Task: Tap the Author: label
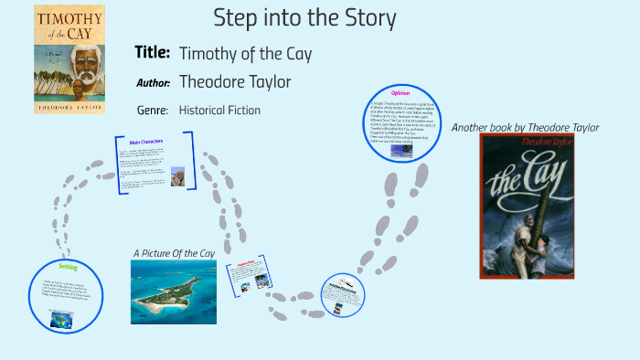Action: (x=153, y=83)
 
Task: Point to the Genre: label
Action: (x=152, y=111)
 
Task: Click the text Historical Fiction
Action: (x=219, y=111)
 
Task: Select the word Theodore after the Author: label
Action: (x=212, y=82)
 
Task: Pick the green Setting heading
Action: (x=68, y=267)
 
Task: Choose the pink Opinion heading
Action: (x=400, y=93)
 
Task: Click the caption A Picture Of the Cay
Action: (x=174, y=252)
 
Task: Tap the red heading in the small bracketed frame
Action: (x=248, y=270)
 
